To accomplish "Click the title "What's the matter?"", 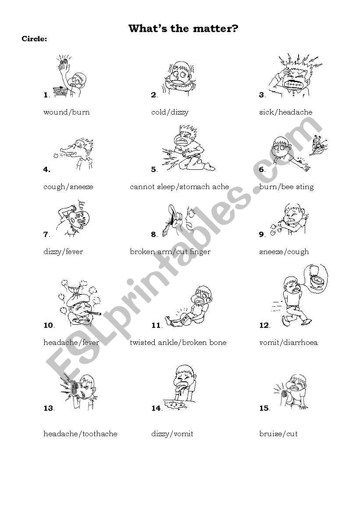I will (183, 29).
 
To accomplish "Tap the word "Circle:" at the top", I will (34, 39).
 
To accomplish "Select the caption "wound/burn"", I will (66, 112).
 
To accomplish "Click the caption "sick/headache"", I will (285, 112).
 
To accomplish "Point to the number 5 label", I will (154, 169).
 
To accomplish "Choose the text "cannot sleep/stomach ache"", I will (179, 187).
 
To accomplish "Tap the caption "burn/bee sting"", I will (286, 187).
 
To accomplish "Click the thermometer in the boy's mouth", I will (94, 312).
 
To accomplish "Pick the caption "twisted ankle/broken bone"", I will (178, 342).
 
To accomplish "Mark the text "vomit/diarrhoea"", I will (288, 342).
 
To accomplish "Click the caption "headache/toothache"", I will (80, 434).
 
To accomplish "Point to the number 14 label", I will (156, 408).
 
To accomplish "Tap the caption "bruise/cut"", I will (278, 434).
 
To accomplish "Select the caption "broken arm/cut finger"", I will (170, 252).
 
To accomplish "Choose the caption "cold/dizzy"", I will (170, 112).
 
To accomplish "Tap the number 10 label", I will (48, 325).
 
